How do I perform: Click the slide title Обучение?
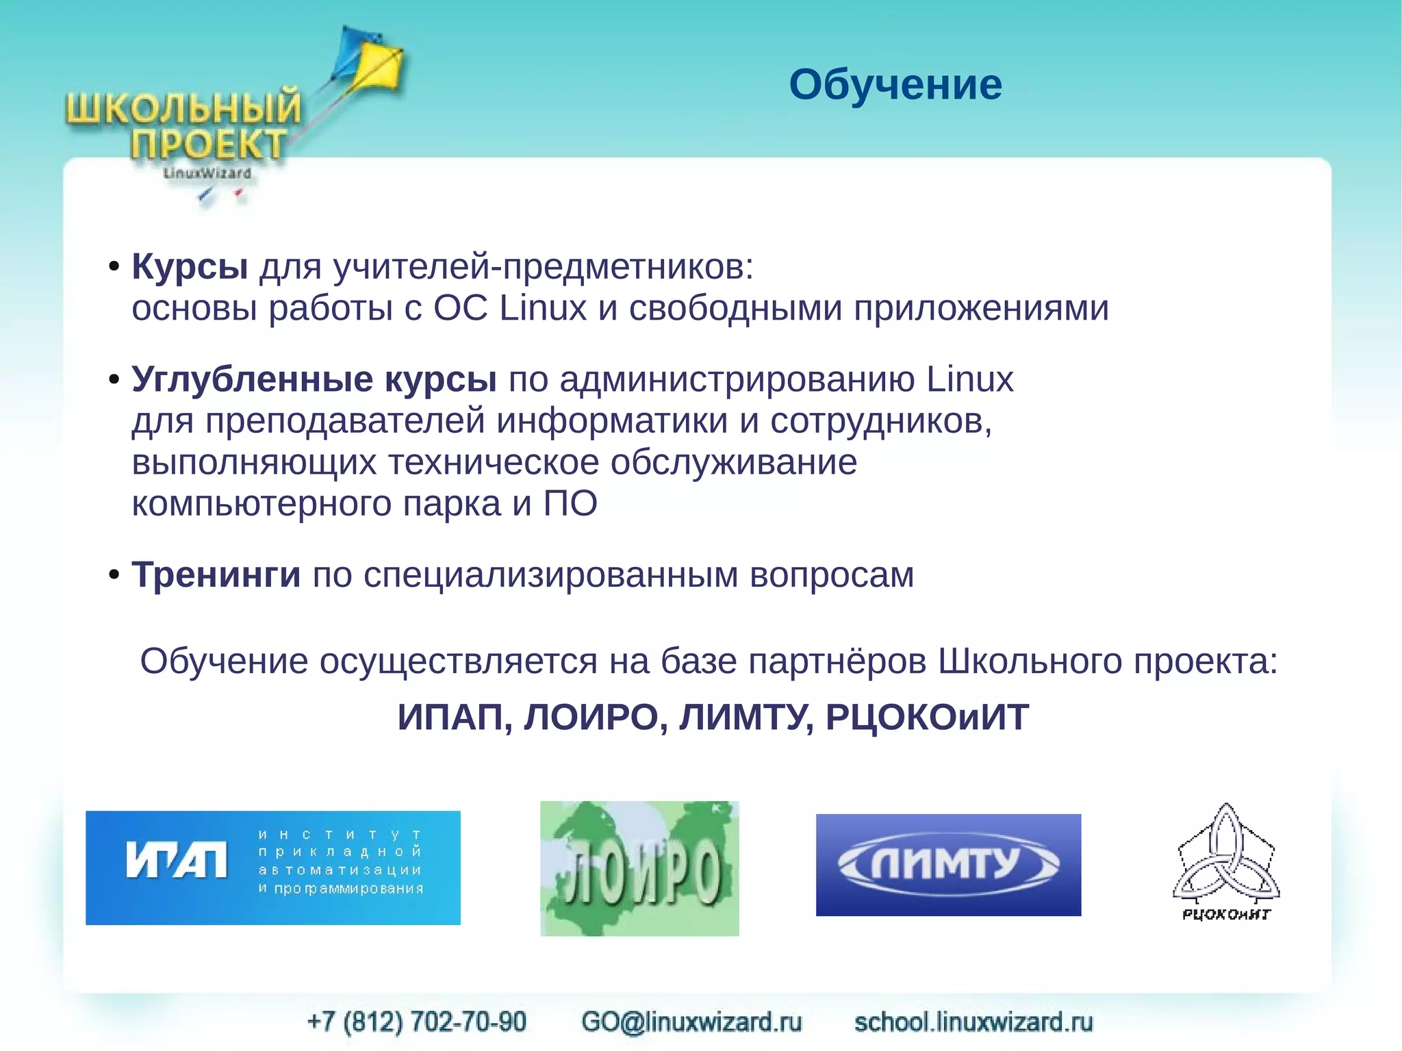pyautogui.click(x=895, y=85)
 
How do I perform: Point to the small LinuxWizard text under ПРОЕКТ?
pyautogui.click(x=207, y=173)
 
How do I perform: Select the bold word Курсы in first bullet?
pyautogui.click(x=190, y=266)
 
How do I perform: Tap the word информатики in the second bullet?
pyautogui.click(x=611, y=420)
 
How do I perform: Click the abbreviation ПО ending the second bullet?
pyautogui.click(x=570, y=503)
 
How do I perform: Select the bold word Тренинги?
pyautogui.click(x=216, y=574)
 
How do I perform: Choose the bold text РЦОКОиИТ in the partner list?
pyautogui.click(x=927, y=718)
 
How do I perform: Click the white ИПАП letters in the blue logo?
pyautogui.click(x=177, y=859)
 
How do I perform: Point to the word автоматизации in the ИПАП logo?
pyautogui.click(x=340, y=870)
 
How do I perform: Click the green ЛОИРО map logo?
pyautogui.click(x=639, y=868)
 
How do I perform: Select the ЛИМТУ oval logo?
pyautogui.click(x=948, y=864)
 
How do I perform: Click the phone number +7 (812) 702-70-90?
pyautogui.click(x=417, y=1022)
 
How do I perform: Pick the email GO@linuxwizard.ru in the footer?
pyautogui.click(x=691, y=1022)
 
